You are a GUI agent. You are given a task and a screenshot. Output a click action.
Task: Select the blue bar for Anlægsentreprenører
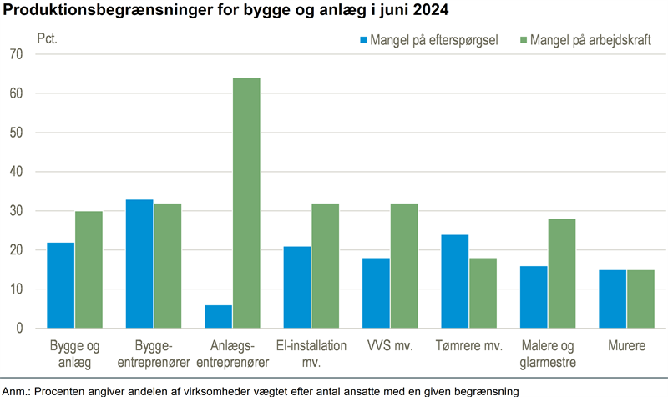pos(219,317)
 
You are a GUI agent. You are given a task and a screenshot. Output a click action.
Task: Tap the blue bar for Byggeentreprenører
pos(139,264)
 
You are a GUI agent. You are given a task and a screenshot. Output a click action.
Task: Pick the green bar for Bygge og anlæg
pos(88,269)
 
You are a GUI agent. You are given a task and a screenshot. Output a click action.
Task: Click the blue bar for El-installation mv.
pos(297,287)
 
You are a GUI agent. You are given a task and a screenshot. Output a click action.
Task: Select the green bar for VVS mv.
pos(404,265)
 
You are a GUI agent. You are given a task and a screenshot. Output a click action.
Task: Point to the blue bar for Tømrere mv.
pos(455,281)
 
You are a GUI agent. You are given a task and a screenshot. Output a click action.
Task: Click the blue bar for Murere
pos(613,299)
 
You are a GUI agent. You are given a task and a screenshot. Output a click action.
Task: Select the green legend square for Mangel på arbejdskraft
pos(524,39)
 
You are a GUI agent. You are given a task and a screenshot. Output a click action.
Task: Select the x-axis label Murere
pos(627,344)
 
